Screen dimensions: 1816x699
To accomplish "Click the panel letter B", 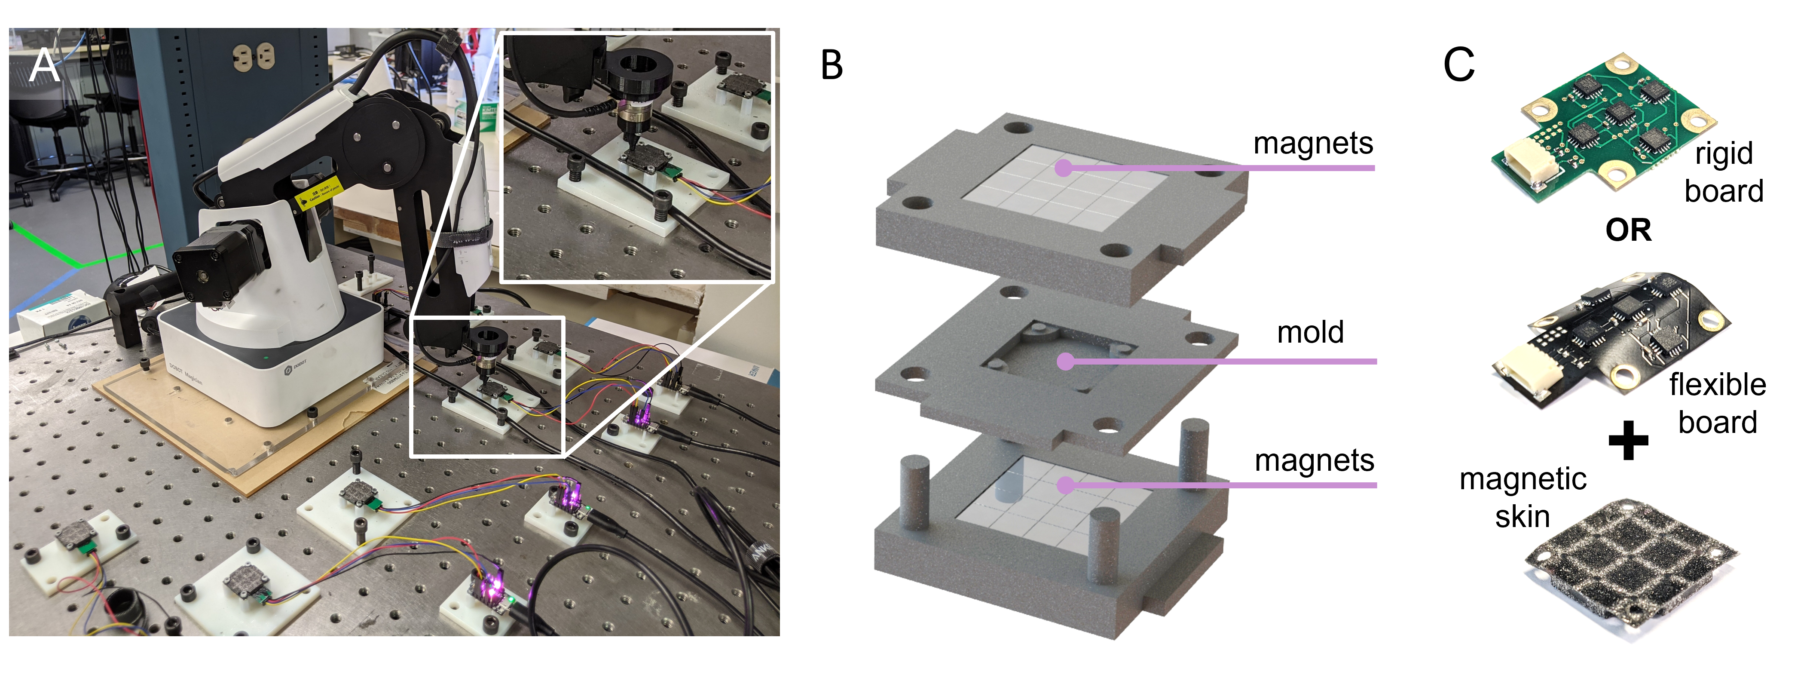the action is (832, 66).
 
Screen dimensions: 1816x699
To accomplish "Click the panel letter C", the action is (1458, 65).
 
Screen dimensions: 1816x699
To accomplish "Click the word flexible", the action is (1717, 384).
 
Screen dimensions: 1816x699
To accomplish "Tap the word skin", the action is (1523, 516).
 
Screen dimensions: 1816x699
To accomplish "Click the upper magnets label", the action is (1313, 143).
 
